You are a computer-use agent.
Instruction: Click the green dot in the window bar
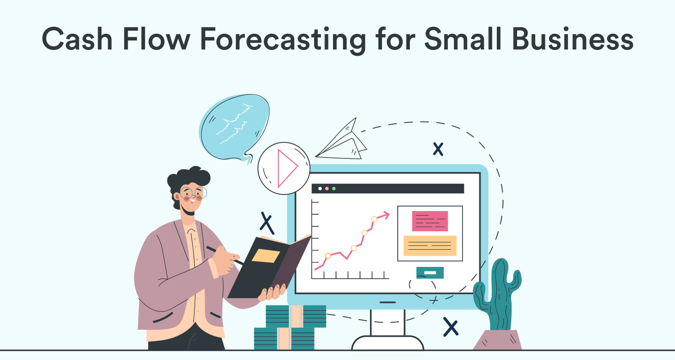333,189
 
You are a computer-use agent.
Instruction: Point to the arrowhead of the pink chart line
385,214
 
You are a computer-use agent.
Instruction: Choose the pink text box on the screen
430,220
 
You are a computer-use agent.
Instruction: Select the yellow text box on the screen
430,246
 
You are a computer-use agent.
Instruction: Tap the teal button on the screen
430,273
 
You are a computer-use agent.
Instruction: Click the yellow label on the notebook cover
265,256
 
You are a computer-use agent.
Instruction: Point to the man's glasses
193,193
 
